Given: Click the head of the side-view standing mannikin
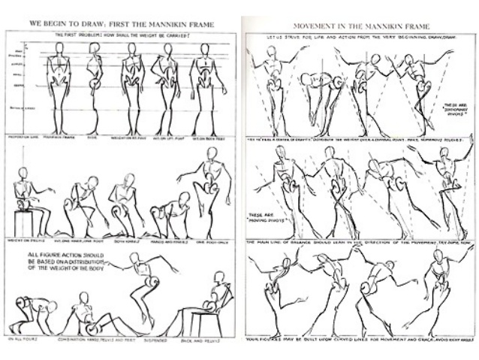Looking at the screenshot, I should pyautogui.click(x=95, y=48).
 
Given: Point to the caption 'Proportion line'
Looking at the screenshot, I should pyautogui.click(x=23, y=138).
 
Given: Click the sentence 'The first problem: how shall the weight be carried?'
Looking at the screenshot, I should pyautogui.click(x=120, y=36).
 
